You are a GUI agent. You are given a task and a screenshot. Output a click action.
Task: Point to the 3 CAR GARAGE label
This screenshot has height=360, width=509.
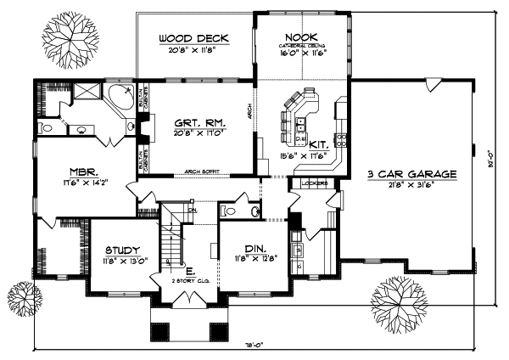pyautogui.click(x=411, y=174)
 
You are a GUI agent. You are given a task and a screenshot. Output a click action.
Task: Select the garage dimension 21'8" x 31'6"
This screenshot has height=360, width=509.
pyautogui.click(x=411, y=185)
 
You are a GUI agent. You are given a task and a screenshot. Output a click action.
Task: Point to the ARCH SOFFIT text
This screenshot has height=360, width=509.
pyautogui.click(x=200, y=172)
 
